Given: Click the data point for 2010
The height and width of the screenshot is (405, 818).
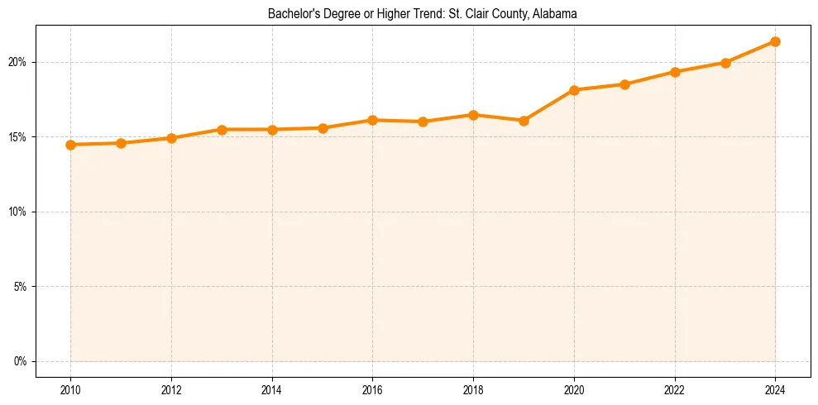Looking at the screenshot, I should click(x=70, y=145).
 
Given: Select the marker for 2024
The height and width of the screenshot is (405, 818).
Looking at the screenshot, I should click(x=775, y=41).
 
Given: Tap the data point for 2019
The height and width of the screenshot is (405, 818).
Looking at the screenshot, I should click(x=524, y=121).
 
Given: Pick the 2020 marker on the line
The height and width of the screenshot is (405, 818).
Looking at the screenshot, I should click(x=574, y=90).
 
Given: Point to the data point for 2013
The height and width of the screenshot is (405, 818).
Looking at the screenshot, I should click(x=222, y=130).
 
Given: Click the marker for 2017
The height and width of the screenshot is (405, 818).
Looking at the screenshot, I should click(x=423, y=121).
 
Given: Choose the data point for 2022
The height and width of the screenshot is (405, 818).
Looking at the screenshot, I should click(x=675, y=72).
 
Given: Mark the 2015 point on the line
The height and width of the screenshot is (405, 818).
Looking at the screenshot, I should click(x=323, y=128).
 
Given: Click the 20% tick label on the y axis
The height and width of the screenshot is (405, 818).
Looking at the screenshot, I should click(x=18, y=62).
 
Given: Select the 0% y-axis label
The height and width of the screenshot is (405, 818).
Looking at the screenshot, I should click(x=21, y=361).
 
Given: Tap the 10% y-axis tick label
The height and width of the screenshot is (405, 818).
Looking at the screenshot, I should click(x=18, y=212).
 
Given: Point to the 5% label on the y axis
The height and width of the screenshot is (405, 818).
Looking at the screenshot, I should click(x=21, y=287).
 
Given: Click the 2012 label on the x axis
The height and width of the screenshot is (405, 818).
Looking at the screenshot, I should click(x=171, y=389).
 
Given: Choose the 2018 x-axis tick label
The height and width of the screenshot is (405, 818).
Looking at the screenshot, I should click(x=473, y=389).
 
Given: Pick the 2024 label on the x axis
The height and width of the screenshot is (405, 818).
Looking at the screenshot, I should click(x=775, y=389).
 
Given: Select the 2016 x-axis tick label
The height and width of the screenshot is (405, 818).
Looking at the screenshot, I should click(x=372, y=389).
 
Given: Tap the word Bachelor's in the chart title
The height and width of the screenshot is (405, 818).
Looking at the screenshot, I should click(x=289, y=14).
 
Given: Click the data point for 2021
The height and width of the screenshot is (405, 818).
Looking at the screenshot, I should click(x=624, y=84).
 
